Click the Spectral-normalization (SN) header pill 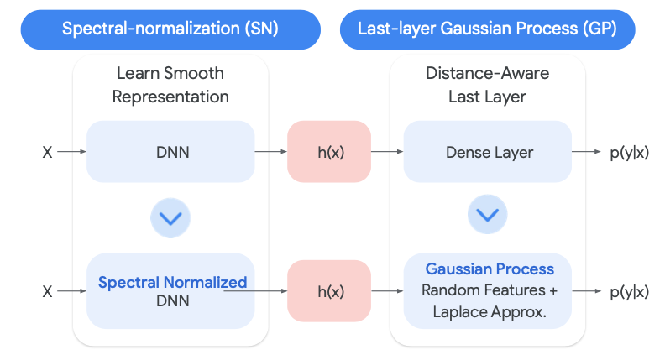[170, 29]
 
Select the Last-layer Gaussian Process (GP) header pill [487, 29]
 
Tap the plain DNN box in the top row [170, 151]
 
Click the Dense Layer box [487, 151]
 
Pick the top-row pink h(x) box [329, 151]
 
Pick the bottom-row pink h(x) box [329, 291]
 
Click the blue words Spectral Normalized [173, 282]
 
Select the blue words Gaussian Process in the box [490, 269]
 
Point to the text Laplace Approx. [490, 312]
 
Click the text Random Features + [490, 290]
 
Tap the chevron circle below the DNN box [170, 218]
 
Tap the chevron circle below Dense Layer [487, 215]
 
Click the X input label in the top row [47, 152]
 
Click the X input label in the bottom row [47, 291]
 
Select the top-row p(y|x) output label [630, 152]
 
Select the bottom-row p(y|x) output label [630, 292]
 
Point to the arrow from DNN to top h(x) [271, 151]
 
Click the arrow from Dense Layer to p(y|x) [587, 151]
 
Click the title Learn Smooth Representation [170, 85]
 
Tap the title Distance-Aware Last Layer [487, 85]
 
